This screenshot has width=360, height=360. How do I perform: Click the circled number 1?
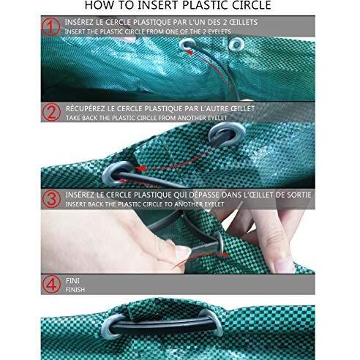point(50,27)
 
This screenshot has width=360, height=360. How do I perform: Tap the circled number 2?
point(51,112)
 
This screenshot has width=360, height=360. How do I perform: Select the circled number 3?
point(51,199)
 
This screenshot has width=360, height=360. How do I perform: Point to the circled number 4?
point(51,284)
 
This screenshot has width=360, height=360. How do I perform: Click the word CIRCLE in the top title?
point(252,5)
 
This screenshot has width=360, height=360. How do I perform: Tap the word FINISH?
point(75,290)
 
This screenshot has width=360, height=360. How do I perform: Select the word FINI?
point(72,281)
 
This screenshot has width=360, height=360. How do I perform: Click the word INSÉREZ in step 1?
point(79,22)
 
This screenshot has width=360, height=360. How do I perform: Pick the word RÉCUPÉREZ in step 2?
point(85,108)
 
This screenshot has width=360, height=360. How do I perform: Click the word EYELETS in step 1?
point(218,31)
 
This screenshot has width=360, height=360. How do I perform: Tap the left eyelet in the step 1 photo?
point(187,45)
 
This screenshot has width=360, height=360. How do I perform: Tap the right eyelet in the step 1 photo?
point(236,44)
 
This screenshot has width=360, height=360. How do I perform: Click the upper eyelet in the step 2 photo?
point(227,134)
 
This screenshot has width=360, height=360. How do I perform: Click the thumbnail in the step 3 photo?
point(182,252)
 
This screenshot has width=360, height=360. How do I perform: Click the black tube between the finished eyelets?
point(163,326)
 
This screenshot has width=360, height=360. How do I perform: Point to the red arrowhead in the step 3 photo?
point(225,255)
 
